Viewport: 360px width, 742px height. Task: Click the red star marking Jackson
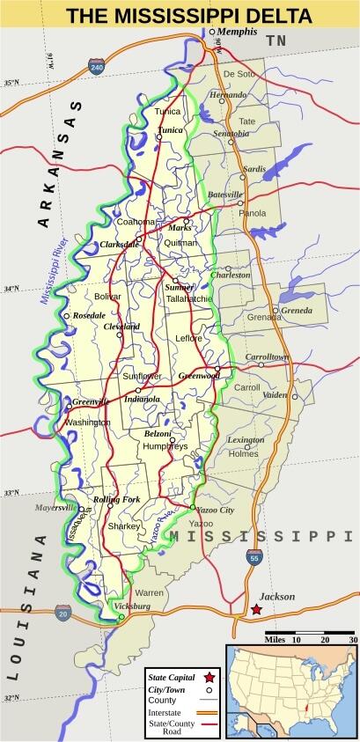click(x=256, y=609)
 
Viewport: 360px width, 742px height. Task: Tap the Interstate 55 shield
click(x=253, y=557)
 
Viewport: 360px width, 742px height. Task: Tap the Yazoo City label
click(x=216, y=510)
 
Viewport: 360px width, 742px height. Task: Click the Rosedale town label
click(x=89, y=314)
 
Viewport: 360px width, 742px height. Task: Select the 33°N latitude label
click(x=11, y=492)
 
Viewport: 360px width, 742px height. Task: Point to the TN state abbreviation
click(x=277, y=40)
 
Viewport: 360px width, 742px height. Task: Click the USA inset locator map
click(x=291, y=690)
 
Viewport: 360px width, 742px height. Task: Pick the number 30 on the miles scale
click(x=352, y=640)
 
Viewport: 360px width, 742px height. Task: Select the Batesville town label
click(x=224, y=194)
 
